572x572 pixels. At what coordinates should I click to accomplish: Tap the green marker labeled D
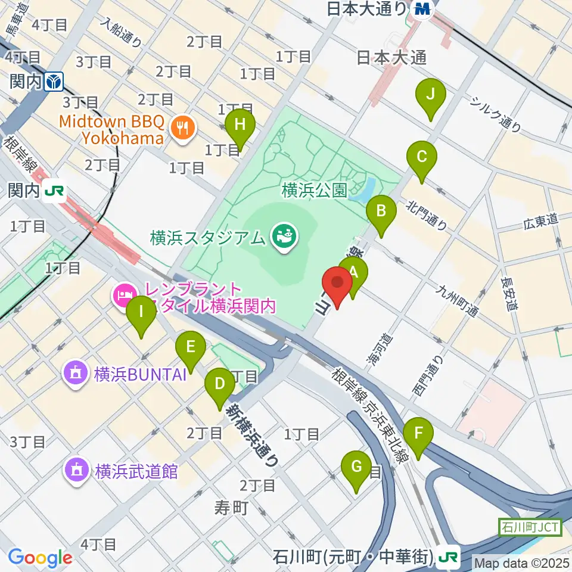tap(220, 384)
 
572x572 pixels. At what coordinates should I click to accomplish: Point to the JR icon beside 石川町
tap(449, 557)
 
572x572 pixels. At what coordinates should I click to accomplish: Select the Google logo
tap(40, 557)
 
